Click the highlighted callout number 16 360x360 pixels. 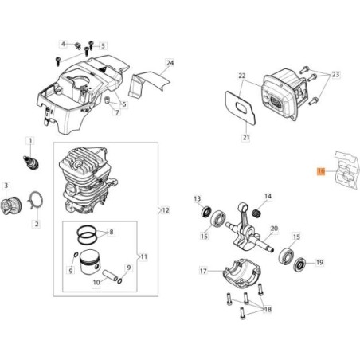320,170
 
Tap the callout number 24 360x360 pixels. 170,61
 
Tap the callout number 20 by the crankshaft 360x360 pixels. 274,228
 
